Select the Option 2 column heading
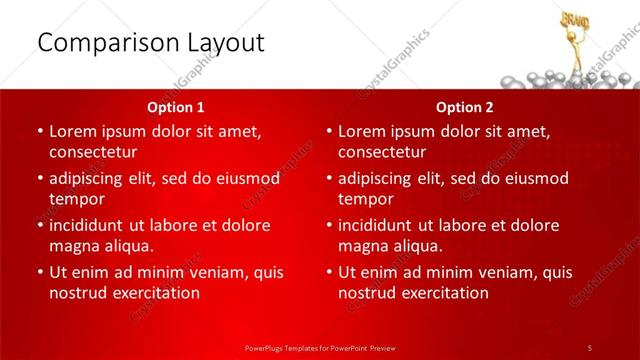click(465, 106)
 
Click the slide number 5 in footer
click(590, 347)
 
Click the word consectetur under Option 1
click(93, 152)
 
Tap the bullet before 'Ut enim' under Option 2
click(328, 272)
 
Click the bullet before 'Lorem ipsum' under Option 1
click(39, 131)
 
